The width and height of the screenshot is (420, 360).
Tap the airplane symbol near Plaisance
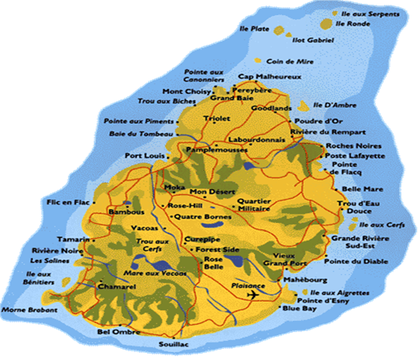253,295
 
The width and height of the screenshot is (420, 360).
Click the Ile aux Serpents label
361,13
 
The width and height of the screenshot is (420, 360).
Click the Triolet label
216,119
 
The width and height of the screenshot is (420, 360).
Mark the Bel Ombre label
114,331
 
